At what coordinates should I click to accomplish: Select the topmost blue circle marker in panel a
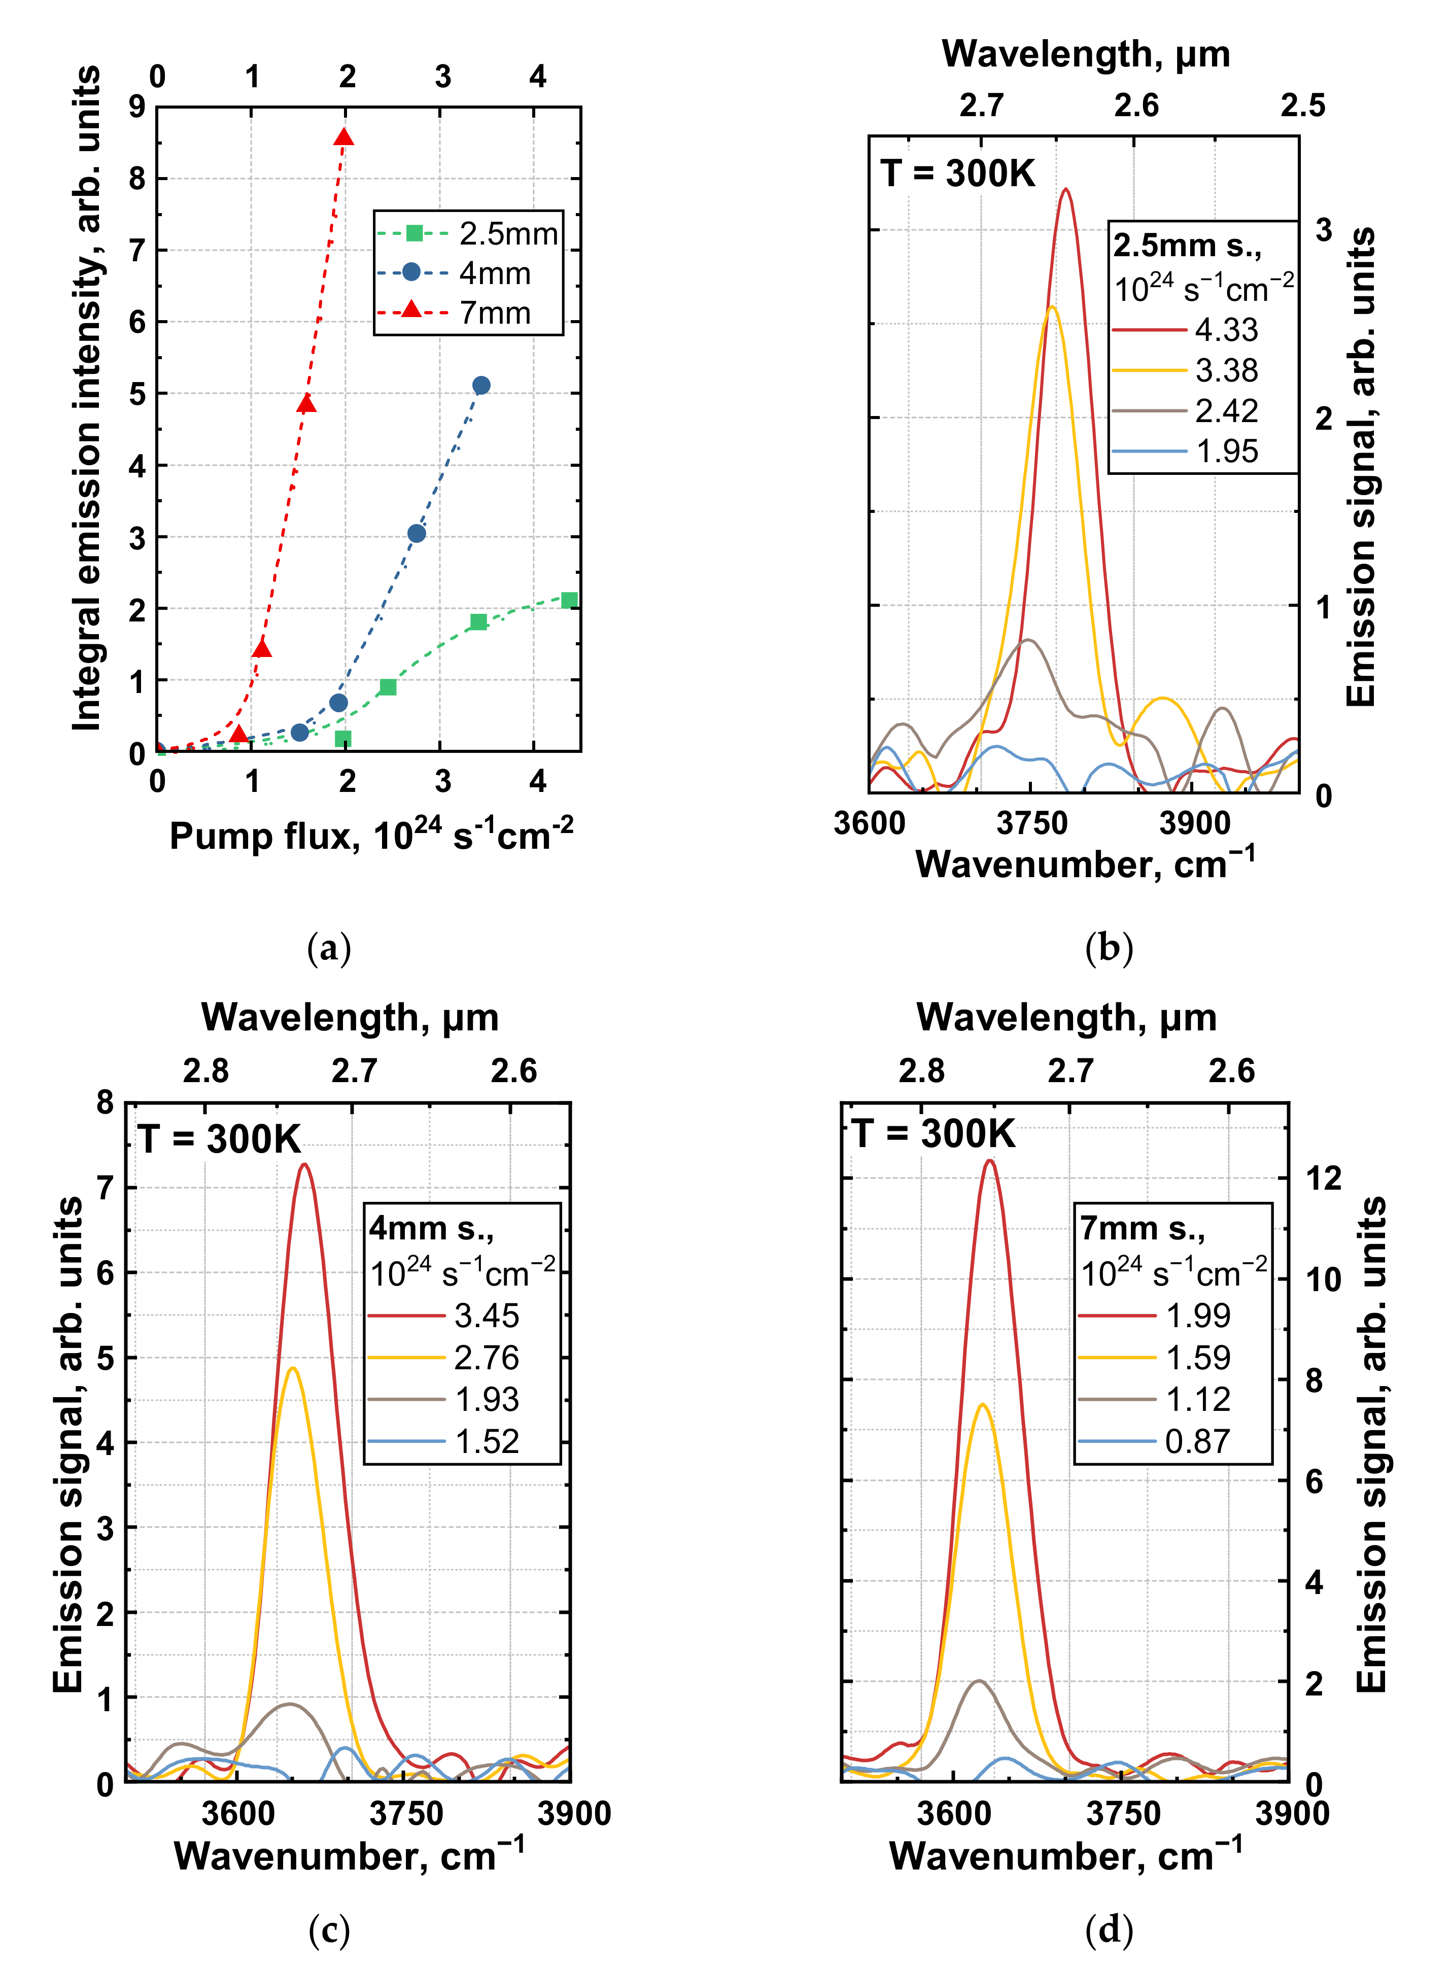click(x=480, y=386)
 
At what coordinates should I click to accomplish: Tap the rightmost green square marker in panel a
click(x=569, y=601)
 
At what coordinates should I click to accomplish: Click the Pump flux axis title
click(x=371, y=835)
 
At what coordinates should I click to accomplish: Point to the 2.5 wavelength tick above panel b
click(x=1302, y=106)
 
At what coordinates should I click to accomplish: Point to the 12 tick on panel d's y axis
click(x=1323, y=1179)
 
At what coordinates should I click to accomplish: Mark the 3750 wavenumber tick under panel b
click(x=1032, y=823)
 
